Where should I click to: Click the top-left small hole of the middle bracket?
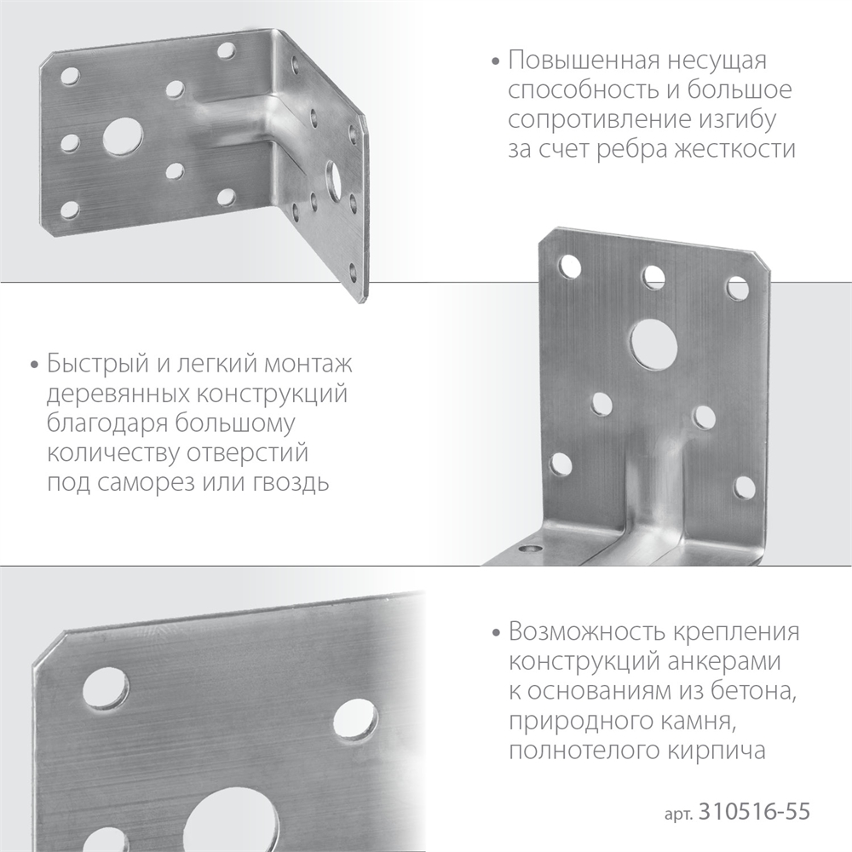566,268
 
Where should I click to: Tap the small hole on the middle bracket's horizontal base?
533,551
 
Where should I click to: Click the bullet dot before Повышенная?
496,62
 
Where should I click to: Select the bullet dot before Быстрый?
34,366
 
